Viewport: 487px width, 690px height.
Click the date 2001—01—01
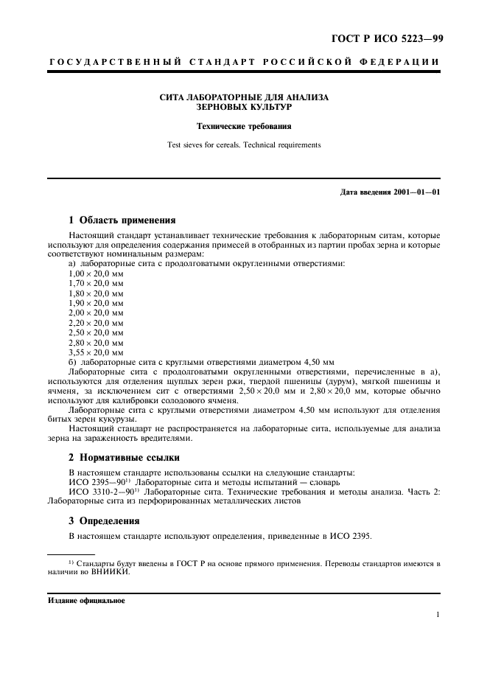point(416,192)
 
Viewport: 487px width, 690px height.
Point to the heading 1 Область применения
point(122,220)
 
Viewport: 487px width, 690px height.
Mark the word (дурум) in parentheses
point(340,383)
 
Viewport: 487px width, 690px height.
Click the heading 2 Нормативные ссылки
point(125,457)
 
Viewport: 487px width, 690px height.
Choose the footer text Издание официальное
point(87,601)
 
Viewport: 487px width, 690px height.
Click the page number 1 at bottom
point(438,614)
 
